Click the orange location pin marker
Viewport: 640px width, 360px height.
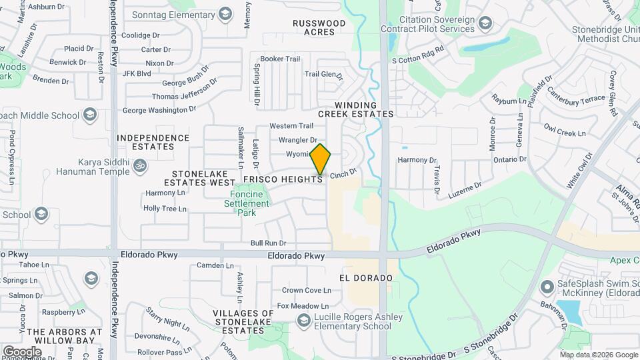321,159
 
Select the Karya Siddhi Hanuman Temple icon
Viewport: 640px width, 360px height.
140,165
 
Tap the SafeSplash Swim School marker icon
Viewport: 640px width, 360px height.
547,287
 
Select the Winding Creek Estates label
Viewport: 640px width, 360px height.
356,109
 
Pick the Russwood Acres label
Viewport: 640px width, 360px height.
319,27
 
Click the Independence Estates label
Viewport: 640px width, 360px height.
153,142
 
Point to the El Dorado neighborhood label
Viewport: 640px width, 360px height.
365,277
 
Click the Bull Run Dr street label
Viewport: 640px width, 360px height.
268,243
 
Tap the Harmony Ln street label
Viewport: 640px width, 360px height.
165,193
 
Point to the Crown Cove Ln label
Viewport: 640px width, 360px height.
306,290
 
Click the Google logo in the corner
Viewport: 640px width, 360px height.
22,351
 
